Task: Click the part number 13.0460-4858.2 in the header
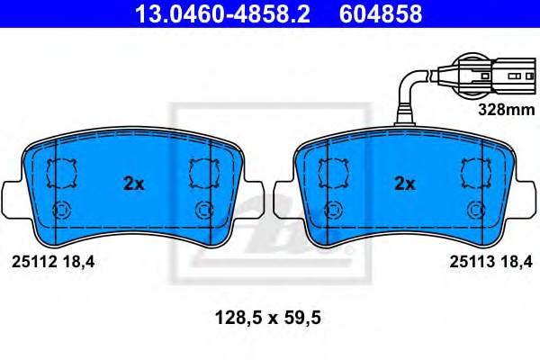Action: coord(223,14)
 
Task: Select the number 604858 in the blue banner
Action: coord(381,14)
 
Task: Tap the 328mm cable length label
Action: coord(507,110)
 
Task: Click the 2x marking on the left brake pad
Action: coord(133,184)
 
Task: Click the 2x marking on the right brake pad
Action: coord(405,184)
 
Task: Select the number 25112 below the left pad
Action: coord(34,262)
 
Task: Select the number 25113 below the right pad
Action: coord(472,262)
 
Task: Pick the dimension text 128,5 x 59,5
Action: coord(268,318)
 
